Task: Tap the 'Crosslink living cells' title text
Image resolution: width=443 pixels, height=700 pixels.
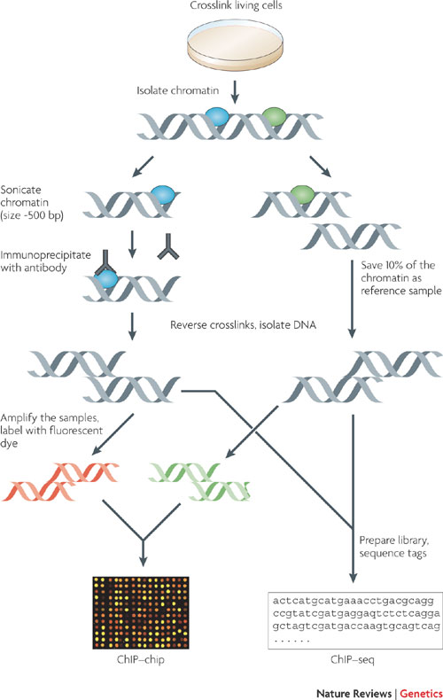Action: (237, 6)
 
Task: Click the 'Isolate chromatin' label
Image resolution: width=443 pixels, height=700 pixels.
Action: (178, 90)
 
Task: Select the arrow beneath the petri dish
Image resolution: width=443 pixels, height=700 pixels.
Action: (235, 92)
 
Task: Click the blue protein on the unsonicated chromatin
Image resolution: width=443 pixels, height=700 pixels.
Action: (217, 116)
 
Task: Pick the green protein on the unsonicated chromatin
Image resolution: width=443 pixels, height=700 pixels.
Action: (274, 116)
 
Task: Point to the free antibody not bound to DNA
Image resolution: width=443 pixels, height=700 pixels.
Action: (168, 247)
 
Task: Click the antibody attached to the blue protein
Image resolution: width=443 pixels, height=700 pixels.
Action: (105, 263)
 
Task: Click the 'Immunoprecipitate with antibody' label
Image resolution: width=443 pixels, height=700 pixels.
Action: (45, 261)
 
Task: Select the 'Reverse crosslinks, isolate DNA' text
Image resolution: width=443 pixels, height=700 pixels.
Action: (243, 325)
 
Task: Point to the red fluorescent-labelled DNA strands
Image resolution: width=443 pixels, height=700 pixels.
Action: (61, 481)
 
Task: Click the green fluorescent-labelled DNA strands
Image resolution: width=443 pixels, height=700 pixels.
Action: (199, 481)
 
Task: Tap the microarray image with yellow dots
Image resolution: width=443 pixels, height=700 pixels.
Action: (141, 612)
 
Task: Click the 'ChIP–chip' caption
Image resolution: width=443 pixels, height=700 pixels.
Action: (141, 659)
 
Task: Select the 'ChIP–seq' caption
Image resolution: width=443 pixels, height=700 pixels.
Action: (353, 659)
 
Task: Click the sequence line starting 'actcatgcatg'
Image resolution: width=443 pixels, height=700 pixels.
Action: (354, 601)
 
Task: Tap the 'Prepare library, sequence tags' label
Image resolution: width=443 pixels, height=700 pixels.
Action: (394, 547)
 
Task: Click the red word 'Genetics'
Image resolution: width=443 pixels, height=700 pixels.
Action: (421, 693)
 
